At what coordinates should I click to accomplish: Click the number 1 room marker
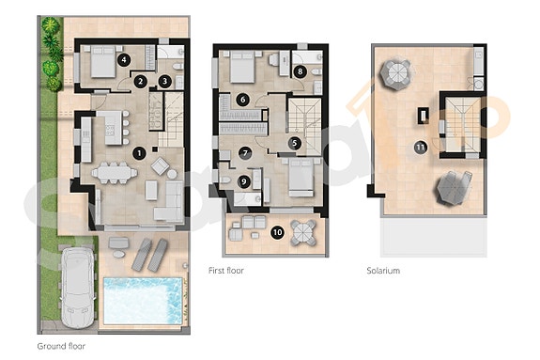pos(140,152)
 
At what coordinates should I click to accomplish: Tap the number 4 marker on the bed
pos(123,59)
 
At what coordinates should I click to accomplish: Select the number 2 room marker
pos(140,82)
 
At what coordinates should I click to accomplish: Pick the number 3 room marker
pos(164,82)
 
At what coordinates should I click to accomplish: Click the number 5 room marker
pos(294,143)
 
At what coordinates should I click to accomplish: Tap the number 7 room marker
pos(246,152)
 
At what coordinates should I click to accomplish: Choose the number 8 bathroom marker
pos(300,70)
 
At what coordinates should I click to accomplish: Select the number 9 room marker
pos(244,181)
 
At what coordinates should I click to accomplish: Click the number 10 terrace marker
pos(276,231)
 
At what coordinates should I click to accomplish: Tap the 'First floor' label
pos(228,271)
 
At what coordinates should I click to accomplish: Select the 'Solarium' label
pos(383,271)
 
